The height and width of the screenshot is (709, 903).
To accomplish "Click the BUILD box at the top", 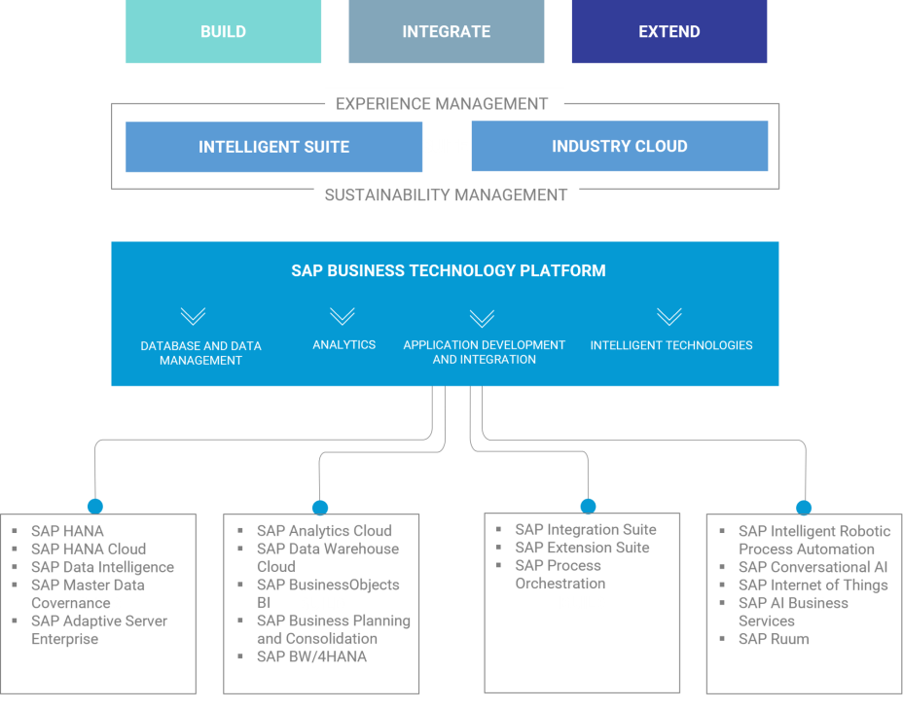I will coord(223,32).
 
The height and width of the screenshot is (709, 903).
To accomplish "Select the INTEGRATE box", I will coord(446,32).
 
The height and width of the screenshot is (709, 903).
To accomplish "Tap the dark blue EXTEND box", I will coord(668,32).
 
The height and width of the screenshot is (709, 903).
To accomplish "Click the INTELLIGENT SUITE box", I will coord(273,147).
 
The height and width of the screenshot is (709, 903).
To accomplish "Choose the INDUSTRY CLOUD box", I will coord(619,146).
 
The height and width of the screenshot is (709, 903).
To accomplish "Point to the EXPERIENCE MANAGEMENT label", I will coord(441,103).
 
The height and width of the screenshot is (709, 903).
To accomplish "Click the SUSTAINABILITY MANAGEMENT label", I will coord(446,195).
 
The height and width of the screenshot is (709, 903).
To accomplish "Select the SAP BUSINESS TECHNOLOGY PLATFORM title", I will coord(449,270).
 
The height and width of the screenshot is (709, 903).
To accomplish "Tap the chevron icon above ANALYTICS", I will coord(342,316).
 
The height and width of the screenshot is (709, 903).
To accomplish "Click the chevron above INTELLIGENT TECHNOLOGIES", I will coord(668,316).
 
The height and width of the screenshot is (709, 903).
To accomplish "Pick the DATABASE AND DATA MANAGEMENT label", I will coord(200,353).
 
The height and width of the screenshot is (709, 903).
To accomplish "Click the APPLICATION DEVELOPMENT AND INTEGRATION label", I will coord(484,352).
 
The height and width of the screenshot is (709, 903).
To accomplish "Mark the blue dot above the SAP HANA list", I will coord(94,506).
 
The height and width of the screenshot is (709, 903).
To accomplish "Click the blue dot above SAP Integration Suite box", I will coord(588,506).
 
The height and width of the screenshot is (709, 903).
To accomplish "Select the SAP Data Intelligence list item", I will coord(102,567).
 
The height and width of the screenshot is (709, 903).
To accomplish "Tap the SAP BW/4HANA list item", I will coord(311,656).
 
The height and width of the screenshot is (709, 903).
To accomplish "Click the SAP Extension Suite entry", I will coord(582,548).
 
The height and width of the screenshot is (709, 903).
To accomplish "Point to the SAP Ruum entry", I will coord(774,639).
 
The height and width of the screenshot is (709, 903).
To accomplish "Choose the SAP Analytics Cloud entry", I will coord(324,531).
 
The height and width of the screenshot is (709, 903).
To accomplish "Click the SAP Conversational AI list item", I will coord(813,567).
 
